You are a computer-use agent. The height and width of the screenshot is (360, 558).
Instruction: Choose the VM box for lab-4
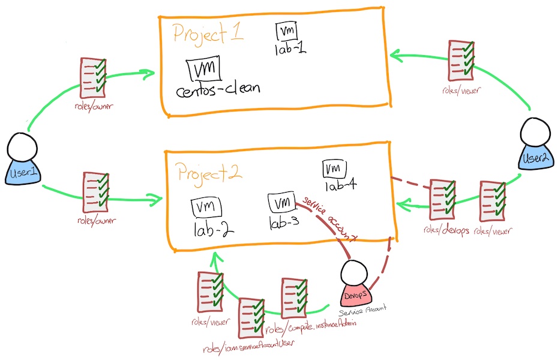click(332, 169)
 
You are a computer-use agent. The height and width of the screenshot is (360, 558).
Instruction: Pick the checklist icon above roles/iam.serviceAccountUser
click(251, 319)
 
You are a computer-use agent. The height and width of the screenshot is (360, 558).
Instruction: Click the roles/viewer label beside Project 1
click(460, 90)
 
